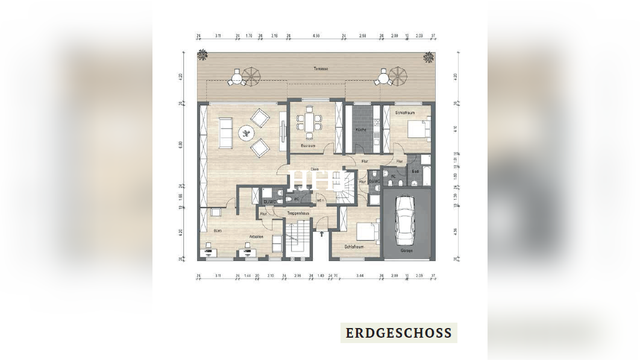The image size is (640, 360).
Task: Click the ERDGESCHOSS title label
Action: (398, 333)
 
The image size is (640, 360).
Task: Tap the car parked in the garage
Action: (405, 220)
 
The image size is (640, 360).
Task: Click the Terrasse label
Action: (321, 69)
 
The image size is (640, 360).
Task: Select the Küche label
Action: (360, 130)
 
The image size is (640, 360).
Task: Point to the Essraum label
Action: (308, 145)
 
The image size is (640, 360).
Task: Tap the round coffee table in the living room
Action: (246, 132)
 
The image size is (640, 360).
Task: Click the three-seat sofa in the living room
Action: (225, 133)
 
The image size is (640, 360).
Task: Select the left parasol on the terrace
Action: (252, 75)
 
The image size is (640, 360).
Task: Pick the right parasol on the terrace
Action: (398, 75)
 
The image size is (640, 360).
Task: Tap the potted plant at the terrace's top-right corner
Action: (428, 57)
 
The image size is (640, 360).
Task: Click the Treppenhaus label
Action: (298, 213)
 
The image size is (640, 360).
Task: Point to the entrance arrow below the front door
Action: (322, 235)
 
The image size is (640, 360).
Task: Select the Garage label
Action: (407, 250)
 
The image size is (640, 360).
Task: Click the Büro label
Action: (217, 230)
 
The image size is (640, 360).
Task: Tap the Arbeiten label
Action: (256, 236)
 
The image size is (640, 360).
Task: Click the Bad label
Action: (415, 171)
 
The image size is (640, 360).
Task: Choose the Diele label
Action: (314, 169)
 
